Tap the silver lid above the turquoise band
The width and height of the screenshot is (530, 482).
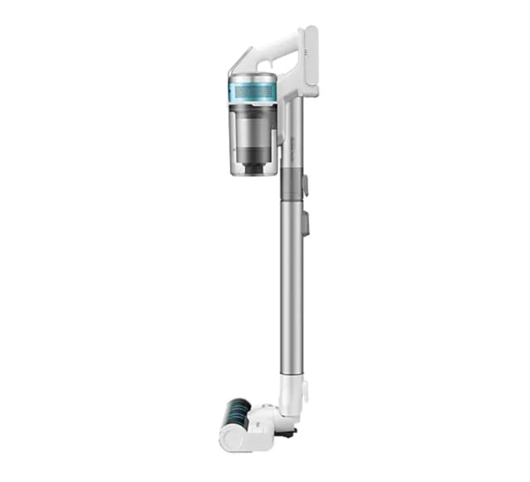click(253, 78)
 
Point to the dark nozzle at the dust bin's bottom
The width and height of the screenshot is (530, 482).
click(253, 165)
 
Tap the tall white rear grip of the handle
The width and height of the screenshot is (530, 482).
click(310, 62)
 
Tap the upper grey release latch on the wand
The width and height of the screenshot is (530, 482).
click(305, 184)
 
